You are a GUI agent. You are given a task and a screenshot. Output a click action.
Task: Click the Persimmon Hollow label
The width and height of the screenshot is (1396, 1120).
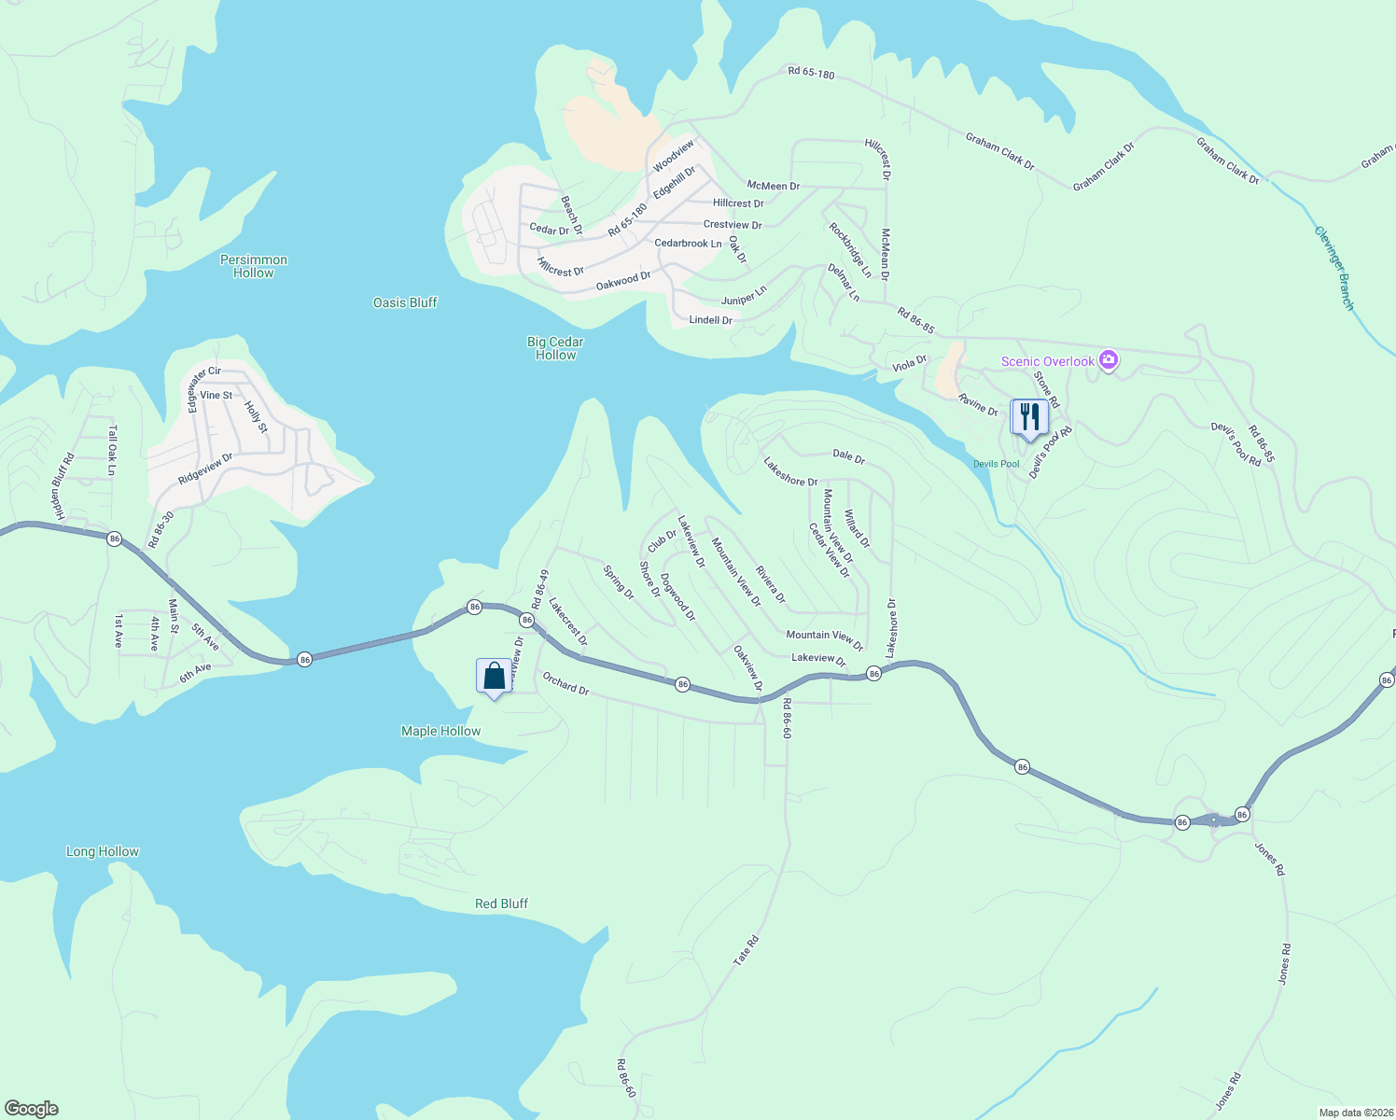(x=254, y=266)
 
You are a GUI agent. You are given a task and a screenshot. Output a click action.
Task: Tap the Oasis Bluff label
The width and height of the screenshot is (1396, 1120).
(x=405, y=302)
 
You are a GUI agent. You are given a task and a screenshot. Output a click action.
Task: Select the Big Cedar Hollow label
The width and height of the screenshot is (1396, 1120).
(x=555, y=348)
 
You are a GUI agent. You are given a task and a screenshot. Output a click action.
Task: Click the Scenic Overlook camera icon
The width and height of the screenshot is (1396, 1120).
(x=1108, y=360)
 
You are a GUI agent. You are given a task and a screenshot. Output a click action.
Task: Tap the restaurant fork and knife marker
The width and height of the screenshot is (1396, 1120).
(x=1029, y=417)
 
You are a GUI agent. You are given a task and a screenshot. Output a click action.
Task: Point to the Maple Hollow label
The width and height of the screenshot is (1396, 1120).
(x=440, y=731)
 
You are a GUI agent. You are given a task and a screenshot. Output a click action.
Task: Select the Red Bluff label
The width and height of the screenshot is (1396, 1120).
(x=501, y=903)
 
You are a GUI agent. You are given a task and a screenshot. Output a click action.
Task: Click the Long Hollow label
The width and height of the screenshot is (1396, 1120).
(x=103, y=851)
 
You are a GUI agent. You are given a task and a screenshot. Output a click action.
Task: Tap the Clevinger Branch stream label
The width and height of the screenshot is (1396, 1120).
(x=1333, y=268)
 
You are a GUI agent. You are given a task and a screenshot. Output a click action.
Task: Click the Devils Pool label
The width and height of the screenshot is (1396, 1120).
(x=997, y=464)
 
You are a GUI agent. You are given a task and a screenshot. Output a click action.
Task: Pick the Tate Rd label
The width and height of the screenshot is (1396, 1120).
(x=746, y=951)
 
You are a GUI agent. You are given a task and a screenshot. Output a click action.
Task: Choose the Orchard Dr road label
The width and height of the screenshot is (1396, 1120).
(x=565, y=684)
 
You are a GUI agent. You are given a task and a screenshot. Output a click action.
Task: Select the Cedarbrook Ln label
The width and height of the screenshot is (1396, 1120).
(x=688, y=244)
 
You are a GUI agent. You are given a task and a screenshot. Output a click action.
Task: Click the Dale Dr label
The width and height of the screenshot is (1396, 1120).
(x=848, y=455)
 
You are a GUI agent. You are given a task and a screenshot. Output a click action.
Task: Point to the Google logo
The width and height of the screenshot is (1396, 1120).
(x=31, y=1109)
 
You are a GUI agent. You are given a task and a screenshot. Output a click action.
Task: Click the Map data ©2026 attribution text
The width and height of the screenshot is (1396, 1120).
(x=1355, y=1113)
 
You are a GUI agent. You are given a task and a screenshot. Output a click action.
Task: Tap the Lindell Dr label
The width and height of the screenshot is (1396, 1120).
(x=710, y=320)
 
